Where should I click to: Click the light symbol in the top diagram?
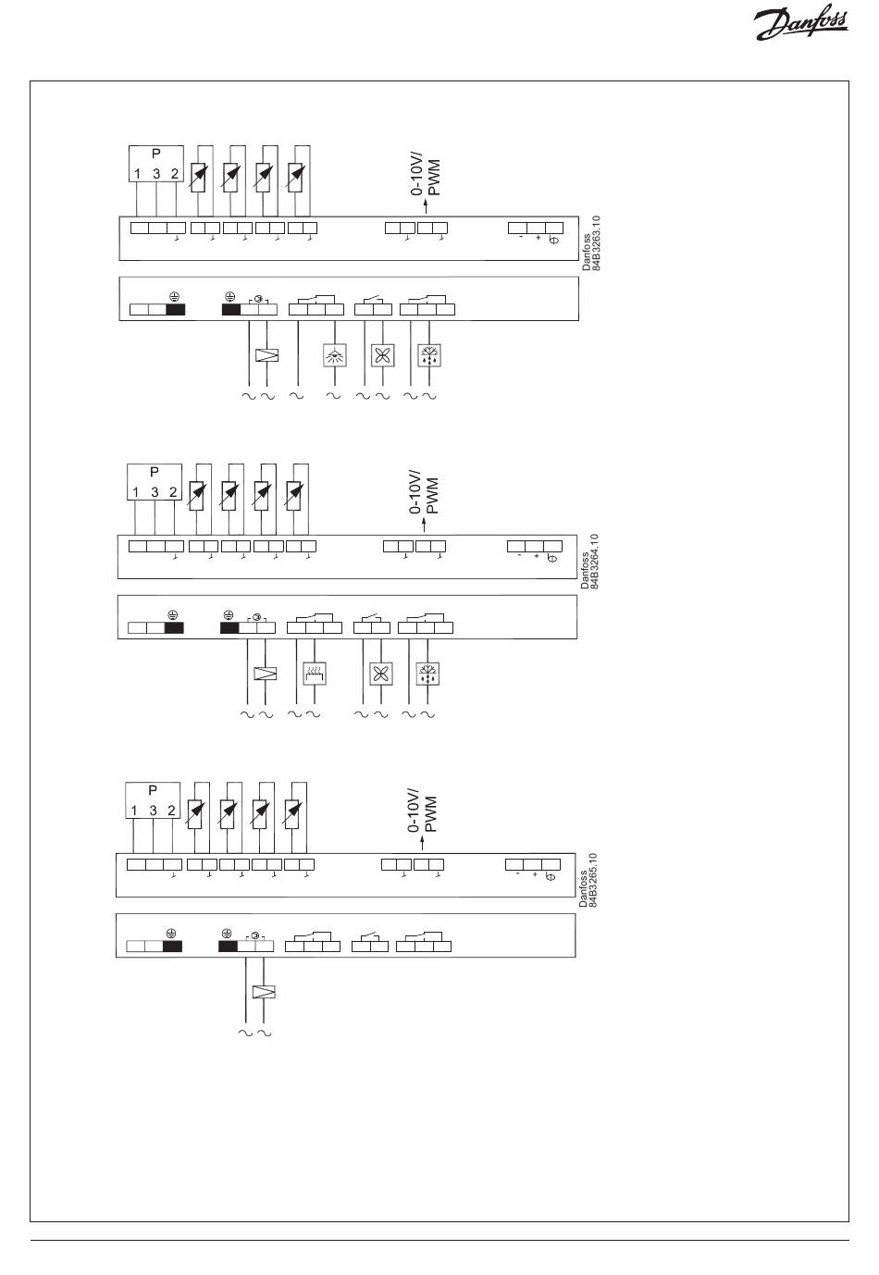(333, 355)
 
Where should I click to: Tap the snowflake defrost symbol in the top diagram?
(428, 355)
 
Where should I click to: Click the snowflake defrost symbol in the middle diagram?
(427, 674)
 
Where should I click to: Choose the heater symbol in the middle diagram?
(316, 674)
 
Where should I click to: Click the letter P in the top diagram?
(155, 155)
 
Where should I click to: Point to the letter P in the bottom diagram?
(153, 791)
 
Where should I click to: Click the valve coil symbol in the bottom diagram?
(265, 993)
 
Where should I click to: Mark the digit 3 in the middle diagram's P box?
(154, 492)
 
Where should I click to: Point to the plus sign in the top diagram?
(538, 238)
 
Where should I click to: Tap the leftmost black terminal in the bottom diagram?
(172, 947)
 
